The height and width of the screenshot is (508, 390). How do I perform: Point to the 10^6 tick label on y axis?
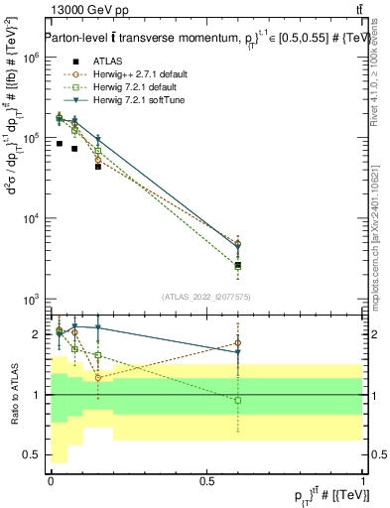31,59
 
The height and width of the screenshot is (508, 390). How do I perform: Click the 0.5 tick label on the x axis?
206,481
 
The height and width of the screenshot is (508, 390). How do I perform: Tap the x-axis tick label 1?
364,481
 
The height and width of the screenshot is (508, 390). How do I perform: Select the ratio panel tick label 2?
36,334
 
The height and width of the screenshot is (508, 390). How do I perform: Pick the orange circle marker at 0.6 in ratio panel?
237,343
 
